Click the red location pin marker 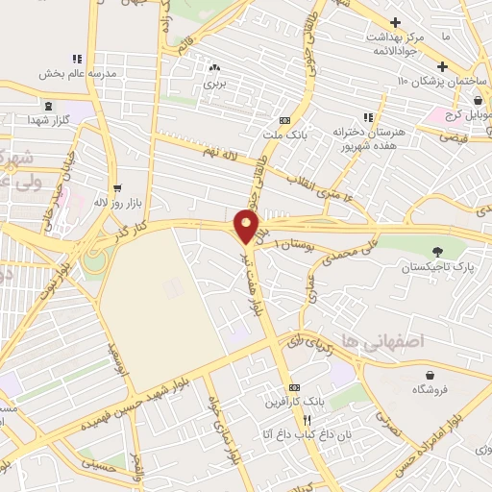point(248,227)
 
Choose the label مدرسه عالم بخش point(77,73)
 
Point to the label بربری point(213,84)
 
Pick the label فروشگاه point(431,390)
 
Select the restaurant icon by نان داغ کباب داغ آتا point(307,421)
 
